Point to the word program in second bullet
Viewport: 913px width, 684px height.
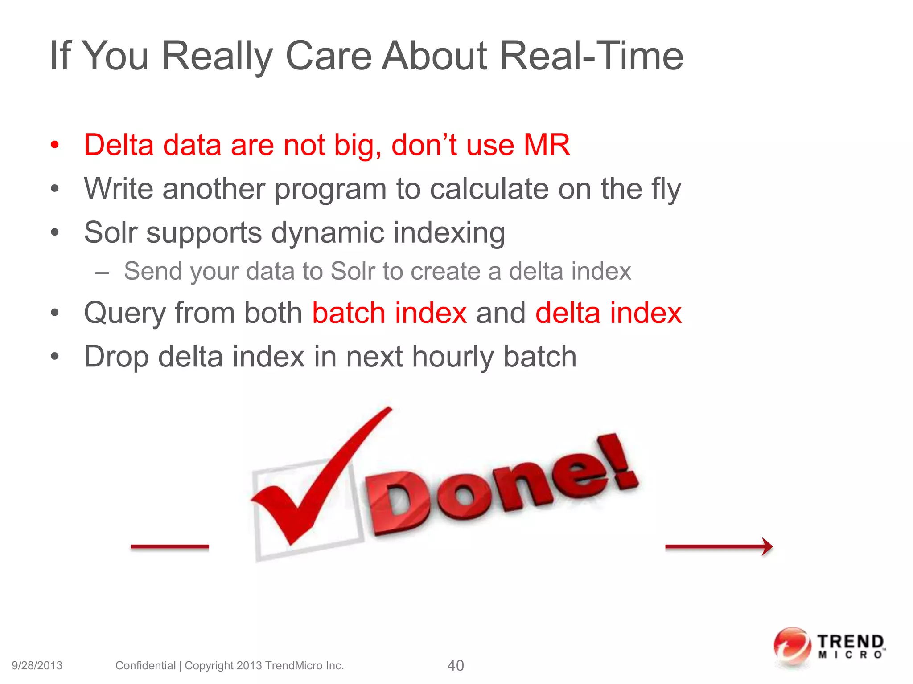(x=330, y=190)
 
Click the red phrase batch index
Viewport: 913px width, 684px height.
(x=389, y=313)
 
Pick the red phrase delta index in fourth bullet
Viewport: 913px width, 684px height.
(x=608, y=313)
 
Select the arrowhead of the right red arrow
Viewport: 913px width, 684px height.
(x=767, y=546)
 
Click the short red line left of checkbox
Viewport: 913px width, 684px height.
(x=169, y=546)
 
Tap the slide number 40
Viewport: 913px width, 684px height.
(x=455, y=665)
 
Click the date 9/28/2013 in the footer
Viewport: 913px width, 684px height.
(x=37, y=665)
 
